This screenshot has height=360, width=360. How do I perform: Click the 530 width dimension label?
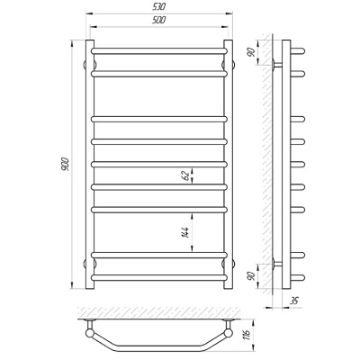159,6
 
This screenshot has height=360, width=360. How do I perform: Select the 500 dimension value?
159,20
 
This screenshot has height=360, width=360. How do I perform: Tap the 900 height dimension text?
66,164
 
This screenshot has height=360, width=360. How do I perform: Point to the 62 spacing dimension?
186,175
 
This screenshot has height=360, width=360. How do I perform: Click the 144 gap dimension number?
185,233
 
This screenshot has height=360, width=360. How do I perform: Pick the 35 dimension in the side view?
295,301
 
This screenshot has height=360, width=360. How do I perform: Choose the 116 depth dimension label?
247,335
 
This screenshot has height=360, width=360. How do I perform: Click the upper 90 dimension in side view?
252,52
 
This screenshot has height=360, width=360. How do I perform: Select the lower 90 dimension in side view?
252,275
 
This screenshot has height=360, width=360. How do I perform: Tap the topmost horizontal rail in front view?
159,51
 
